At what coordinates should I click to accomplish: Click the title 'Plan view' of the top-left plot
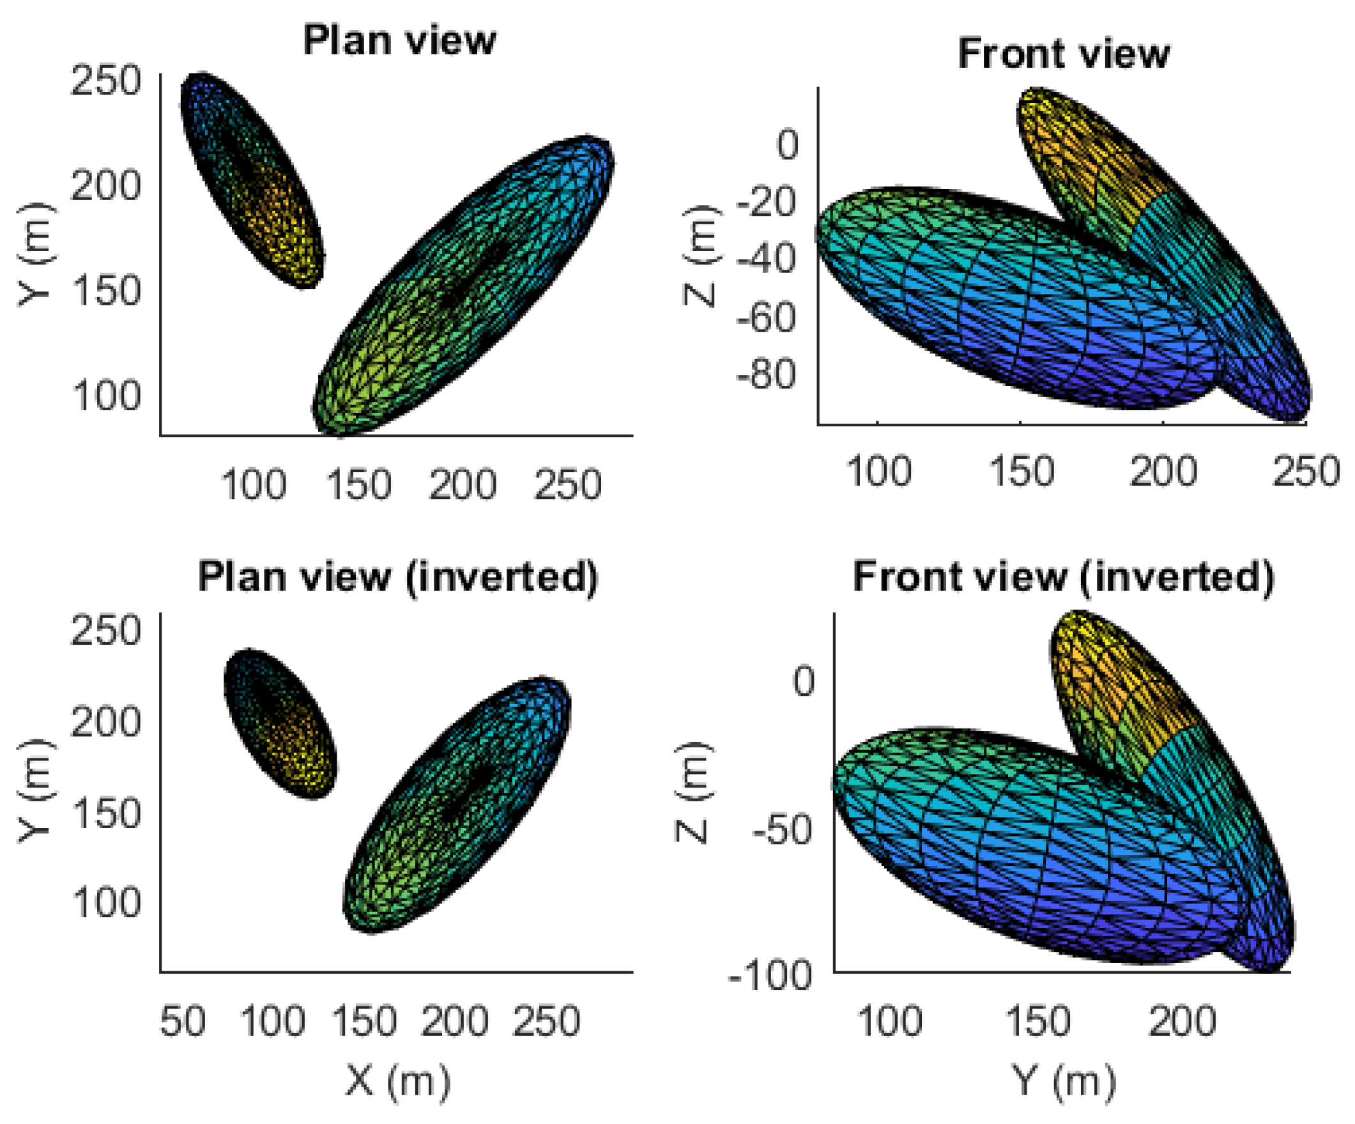[x=399, y=41]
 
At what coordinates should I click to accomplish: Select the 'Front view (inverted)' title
[x=1063, y=576]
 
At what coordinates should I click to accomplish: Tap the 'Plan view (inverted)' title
[x=397, y=576]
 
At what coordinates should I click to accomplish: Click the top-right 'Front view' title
[x=1063, y=54]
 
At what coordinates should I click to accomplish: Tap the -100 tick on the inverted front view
[x=770, y=976]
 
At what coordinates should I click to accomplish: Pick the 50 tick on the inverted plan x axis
[x=183, y=1021]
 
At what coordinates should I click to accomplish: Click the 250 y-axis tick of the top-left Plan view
[x=105, y=82]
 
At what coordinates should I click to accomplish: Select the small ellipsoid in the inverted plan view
[x=280, y=723]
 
